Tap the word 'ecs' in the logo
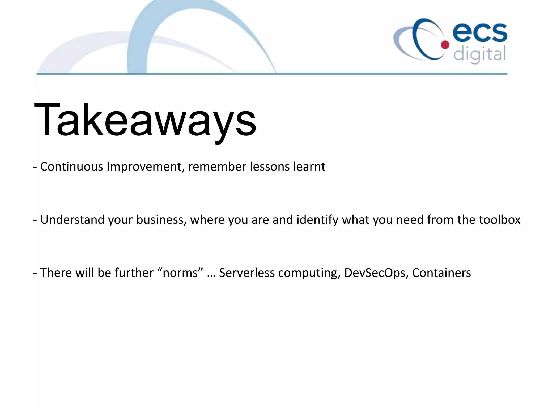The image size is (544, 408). click(480, 33)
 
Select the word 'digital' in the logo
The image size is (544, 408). click(479, 54)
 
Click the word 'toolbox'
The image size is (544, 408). click(499, 220)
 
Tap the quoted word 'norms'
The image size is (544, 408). click(181, 273)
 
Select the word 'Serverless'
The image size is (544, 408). click(247, 273)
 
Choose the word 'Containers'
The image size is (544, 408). click(441, 273)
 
